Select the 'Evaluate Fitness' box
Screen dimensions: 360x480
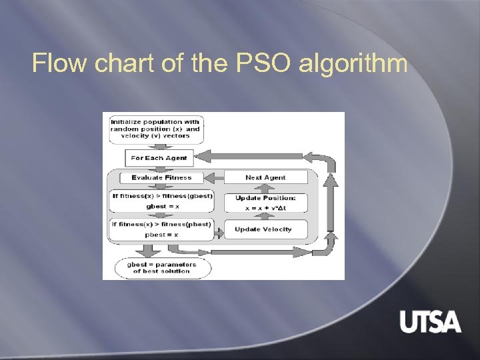(161, 177)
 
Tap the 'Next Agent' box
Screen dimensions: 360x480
(266, 177)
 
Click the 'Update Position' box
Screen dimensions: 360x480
(266, 203)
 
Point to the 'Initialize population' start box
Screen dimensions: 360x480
(155, 128)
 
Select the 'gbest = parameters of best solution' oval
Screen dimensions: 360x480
(161, 268)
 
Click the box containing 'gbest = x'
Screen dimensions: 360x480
(162, 201)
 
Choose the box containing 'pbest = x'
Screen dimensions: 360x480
(162, 229)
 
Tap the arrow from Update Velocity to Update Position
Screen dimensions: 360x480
(265, 216)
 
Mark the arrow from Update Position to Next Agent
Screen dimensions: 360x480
(265, 189)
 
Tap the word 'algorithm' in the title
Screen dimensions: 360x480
(353, 64)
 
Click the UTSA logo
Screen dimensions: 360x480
(430, 322)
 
